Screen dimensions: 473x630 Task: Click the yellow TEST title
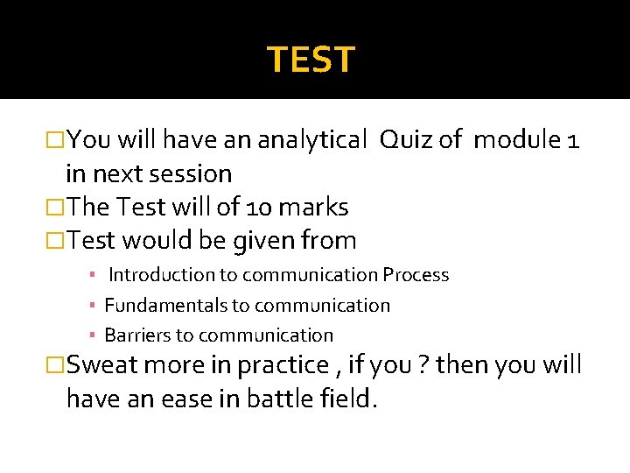[311, 60]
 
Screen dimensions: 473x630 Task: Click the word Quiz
[407, 139]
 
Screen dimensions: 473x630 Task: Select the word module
[517, 139]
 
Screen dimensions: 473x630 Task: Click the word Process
[416, 275]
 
